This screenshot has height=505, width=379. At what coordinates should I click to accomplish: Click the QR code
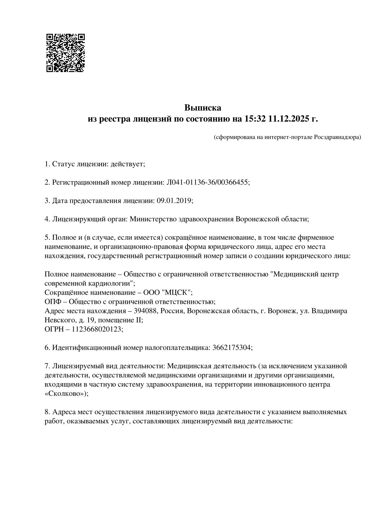[x=66, y=53]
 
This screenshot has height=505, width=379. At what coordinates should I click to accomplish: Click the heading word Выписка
[x=203, y=108]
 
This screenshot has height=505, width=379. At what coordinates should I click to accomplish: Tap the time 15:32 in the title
[x=255, y=119]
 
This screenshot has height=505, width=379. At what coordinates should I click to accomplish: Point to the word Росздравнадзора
[x=338, y=137]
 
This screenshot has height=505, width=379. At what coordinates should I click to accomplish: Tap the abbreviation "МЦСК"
[x=176, y=292]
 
